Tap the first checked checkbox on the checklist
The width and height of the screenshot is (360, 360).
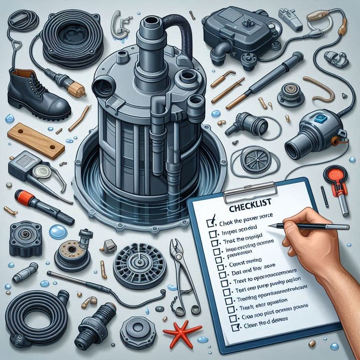click(x=211, y=223)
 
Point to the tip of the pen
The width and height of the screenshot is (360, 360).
click(x=270, y=225)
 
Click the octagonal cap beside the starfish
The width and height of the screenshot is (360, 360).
click(x=137, y=332)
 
